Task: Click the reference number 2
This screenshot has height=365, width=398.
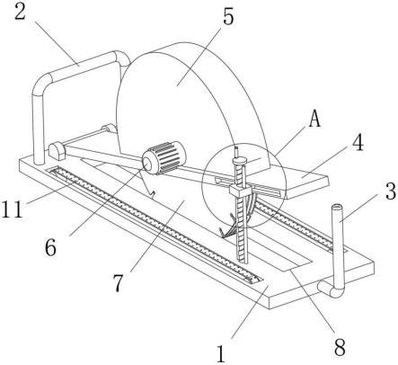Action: pos(20,11)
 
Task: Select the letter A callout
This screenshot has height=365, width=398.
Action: pos(314,118)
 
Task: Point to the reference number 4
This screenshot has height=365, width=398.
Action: pos(358,143)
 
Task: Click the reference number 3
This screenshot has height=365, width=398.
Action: pos(391,191)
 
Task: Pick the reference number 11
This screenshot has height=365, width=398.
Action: pos(12,209)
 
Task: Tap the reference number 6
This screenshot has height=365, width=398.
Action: pos(50,247)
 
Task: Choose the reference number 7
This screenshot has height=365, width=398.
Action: pos(118,283)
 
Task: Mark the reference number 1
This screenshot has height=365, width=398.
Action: pos(221,353)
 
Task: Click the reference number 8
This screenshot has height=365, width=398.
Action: pos(340,347)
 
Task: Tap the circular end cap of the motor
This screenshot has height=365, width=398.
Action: pos(148,163)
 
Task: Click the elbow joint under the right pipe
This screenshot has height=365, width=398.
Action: pos(332,289)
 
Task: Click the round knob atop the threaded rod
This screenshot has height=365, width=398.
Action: pos(239,161)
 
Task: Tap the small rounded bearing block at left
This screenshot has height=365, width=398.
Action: pos(57,152)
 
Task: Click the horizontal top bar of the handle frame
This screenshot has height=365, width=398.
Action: pos(81,66)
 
